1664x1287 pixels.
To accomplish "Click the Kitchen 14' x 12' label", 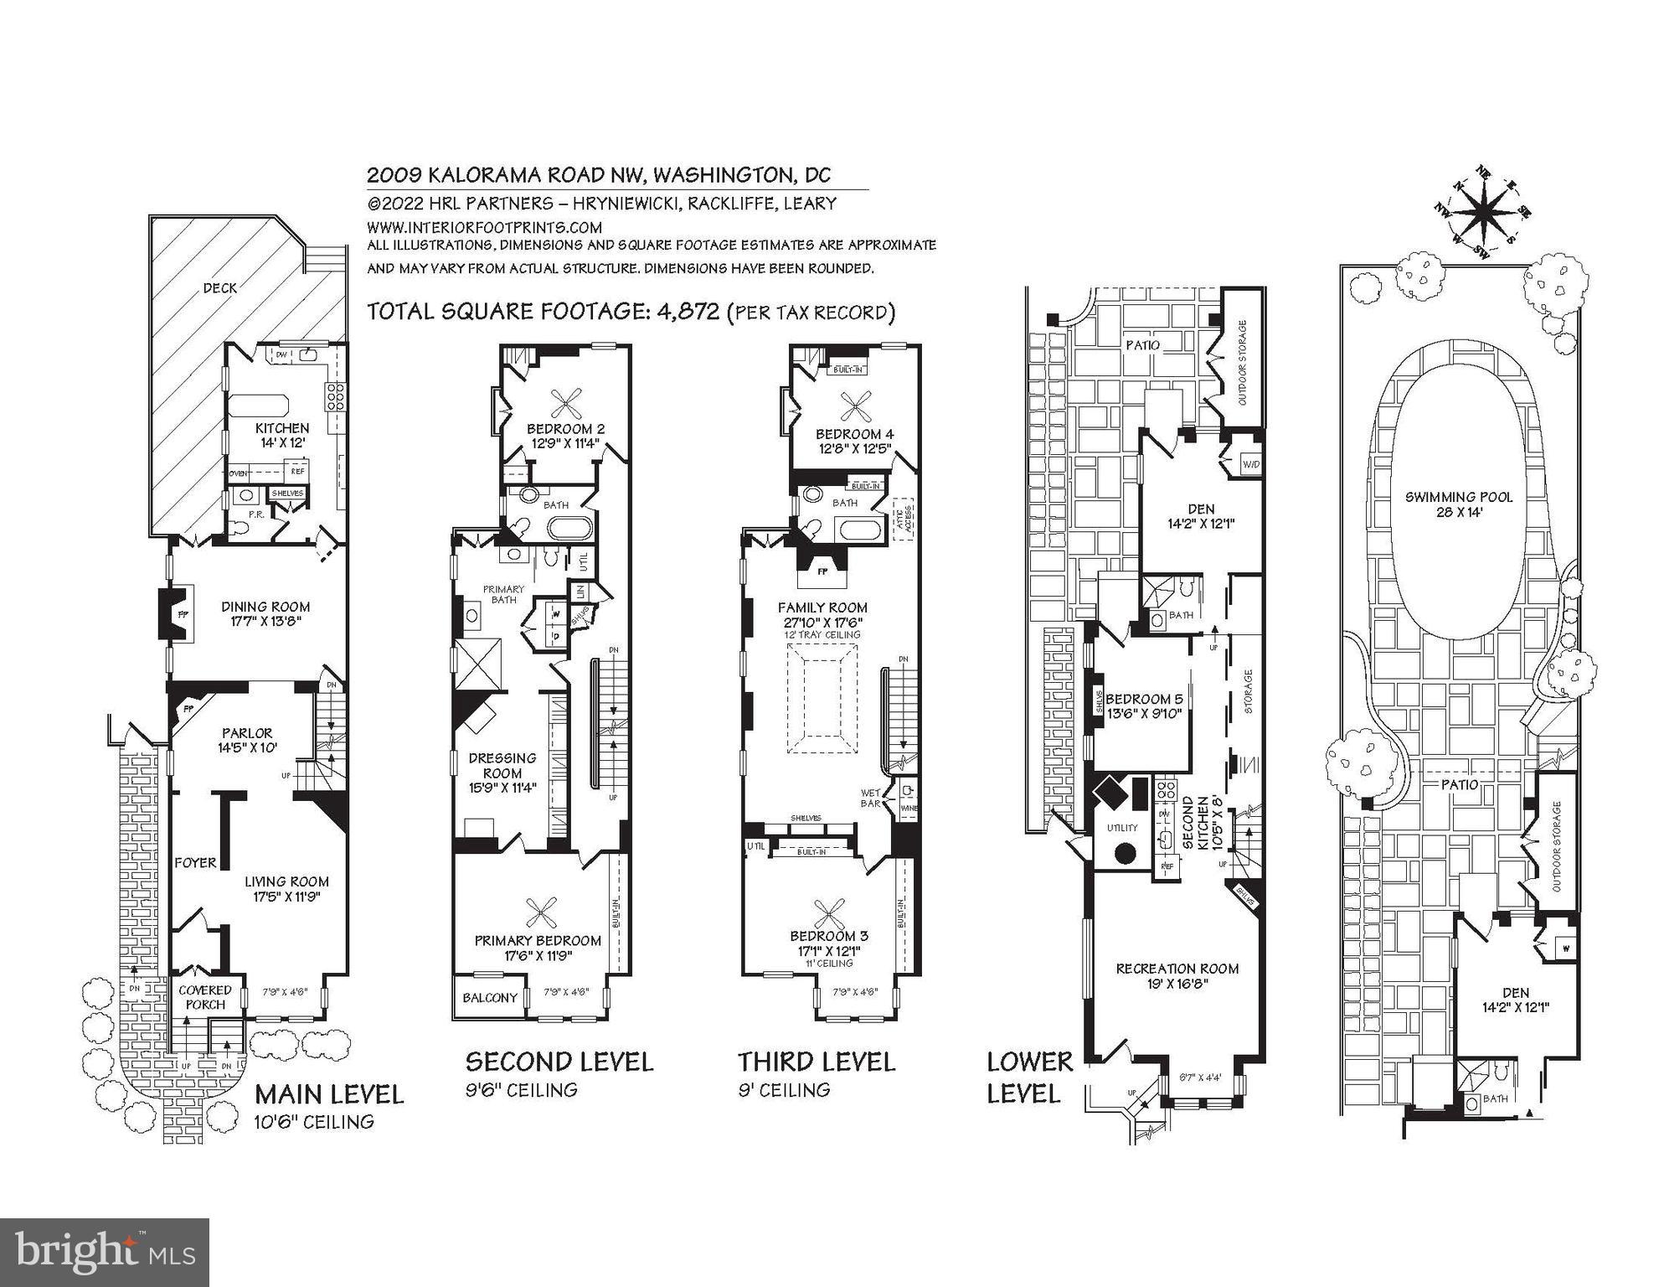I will click(282, 435).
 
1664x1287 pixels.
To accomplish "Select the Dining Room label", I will click(265, 613).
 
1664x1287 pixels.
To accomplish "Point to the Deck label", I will click(220, 288).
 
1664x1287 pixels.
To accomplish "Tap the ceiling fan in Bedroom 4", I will click(855, 408).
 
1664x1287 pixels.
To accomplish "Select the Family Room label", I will click(822, 614).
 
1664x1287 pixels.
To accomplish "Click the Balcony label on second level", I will click(490, 997).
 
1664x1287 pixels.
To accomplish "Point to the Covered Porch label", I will click(205, 997).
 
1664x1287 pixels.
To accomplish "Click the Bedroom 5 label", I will click(1143, 706).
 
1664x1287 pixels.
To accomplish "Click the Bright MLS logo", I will click(105, 1252).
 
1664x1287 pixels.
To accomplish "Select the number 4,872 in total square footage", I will click(688, 312).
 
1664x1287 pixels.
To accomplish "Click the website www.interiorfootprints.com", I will click(484, 227).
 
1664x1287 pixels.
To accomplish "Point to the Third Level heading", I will click(817, 1062).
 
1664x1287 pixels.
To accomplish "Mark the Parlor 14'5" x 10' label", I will click(247, 740).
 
